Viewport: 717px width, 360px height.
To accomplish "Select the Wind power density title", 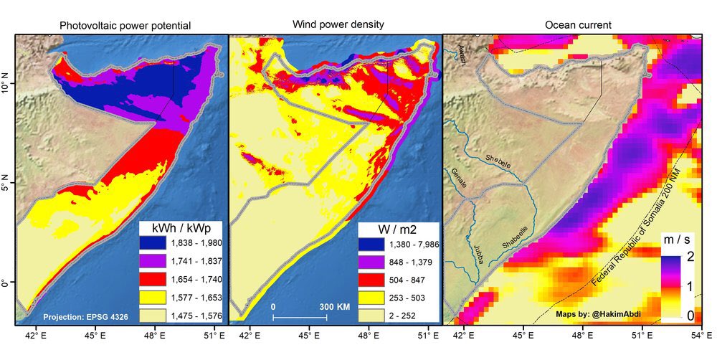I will tap(336, 25).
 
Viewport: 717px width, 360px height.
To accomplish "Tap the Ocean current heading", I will tap(578, 25).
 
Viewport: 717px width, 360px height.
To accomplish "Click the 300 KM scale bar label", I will tap(334, 305).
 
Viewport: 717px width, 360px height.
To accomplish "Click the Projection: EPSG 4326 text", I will tap(86, 316).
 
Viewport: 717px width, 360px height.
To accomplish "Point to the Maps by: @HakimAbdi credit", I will tap(599, 313).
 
